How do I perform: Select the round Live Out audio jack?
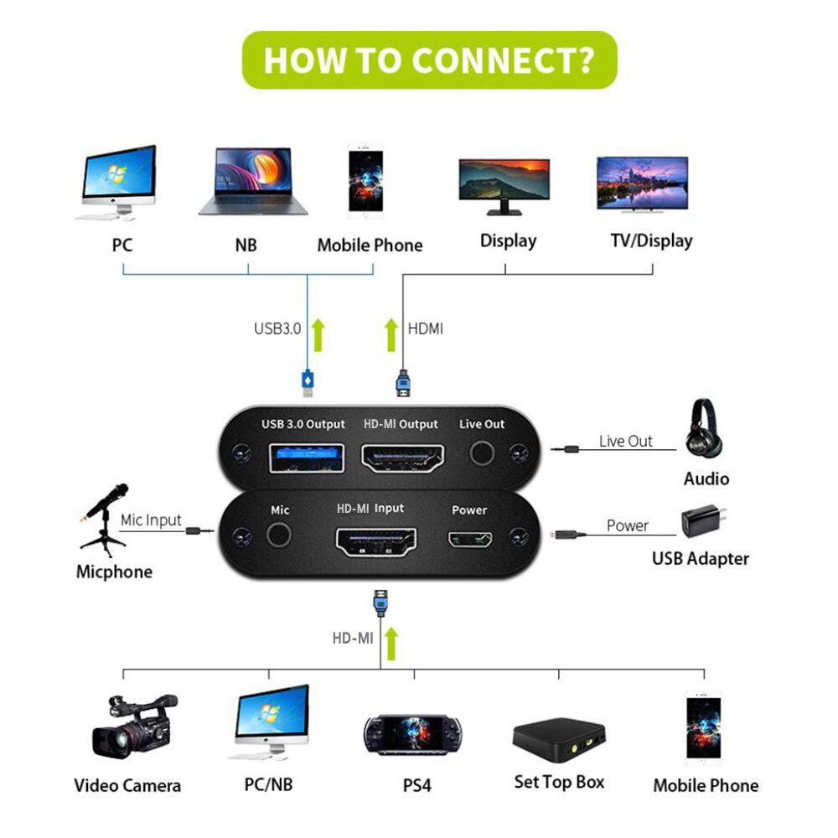(481, 453)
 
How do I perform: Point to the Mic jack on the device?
(278, 535)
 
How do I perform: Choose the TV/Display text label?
(651, 241)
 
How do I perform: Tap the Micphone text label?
(114, 572)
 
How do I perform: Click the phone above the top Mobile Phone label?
(365, 180)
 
